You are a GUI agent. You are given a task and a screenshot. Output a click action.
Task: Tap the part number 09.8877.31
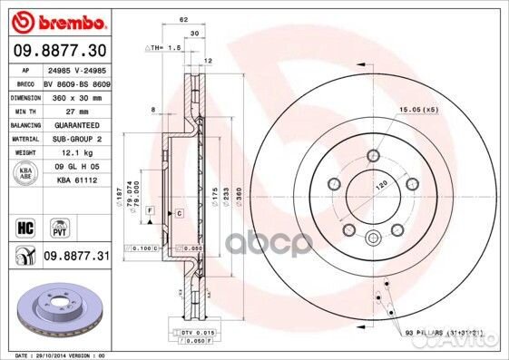[75, 258]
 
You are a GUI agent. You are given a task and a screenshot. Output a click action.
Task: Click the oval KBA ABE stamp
[27, 174]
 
